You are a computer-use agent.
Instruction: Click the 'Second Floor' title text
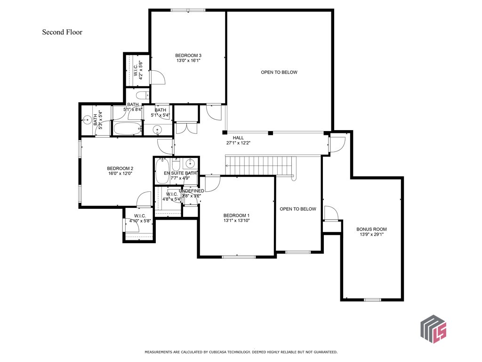coord(62,33)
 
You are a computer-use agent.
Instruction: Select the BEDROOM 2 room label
coord(120,169)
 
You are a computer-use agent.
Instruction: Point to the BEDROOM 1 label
coord(236,215)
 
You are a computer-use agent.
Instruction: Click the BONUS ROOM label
coord(371,230)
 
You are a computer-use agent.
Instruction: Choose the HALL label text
coord(239,138)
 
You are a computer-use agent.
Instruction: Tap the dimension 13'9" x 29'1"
coord(371,235)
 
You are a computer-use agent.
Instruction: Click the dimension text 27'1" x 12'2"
coord(239,143)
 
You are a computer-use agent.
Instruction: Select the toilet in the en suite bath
coord(176,165)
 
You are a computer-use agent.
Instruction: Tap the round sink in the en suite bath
coord(190,164)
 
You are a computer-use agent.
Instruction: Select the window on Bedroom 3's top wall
coord(188,10)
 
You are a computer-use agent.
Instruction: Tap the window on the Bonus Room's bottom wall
coord(372,300)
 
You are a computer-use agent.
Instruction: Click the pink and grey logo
coord(433,328)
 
